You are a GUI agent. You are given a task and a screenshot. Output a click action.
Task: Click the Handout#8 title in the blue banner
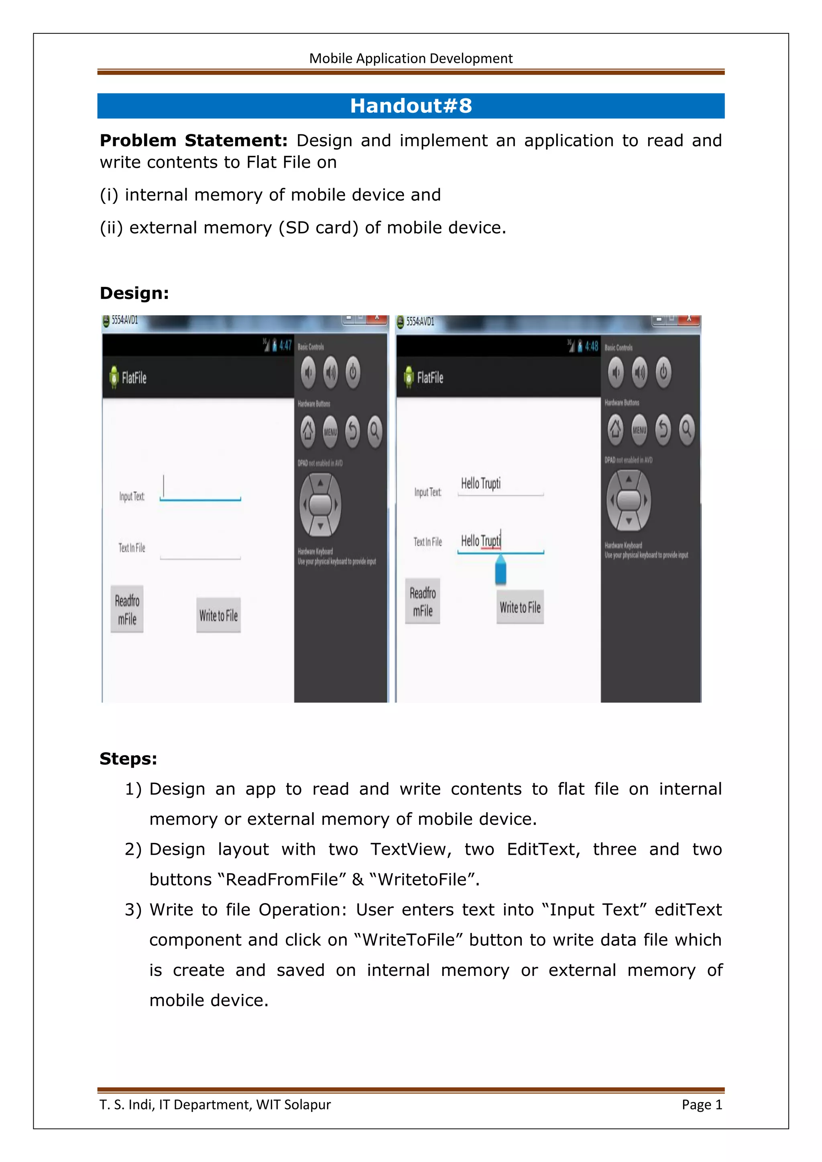pyautogui.click(x=411, y=106)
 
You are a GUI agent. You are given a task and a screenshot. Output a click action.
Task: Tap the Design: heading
pyautogui.click(x=134, y=293)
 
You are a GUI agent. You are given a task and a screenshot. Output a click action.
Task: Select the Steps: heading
pyautogui.click(x=128, y=759)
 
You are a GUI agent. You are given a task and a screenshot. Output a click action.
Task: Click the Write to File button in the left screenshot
pyautogui.click(x=218, y=616)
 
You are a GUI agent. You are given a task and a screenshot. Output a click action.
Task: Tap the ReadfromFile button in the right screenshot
pyautogui.click(x=423, y=601)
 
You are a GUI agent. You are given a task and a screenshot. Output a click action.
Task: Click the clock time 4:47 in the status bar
pyautogui.click(x=285, y=345)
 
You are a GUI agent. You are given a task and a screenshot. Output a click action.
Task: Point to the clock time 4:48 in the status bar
pyautogui.click(x=591, y=347)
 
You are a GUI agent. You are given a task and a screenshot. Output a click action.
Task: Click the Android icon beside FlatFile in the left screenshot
pyautogui.click(x=114, y=377)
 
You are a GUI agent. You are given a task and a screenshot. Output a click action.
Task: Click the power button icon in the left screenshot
pyautogui.click(x=353, y=372)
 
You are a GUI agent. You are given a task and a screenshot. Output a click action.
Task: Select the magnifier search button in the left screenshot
pyautogui.click(x=374, y=431)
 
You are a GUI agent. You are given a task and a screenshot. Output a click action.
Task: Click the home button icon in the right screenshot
pyautogui.click(x=615, y=429)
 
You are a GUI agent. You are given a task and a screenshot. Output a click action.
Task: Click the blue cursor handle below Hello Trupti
pyautogui.click(x=501, y=571)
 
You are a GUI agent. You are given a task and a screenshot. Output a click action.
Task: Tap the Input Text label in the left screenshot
pyautogui.click(x=132, y=496)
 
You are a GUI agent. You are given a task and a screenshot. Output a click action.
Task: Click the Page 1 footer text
pyautogui.click(x=702, y=1105)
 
